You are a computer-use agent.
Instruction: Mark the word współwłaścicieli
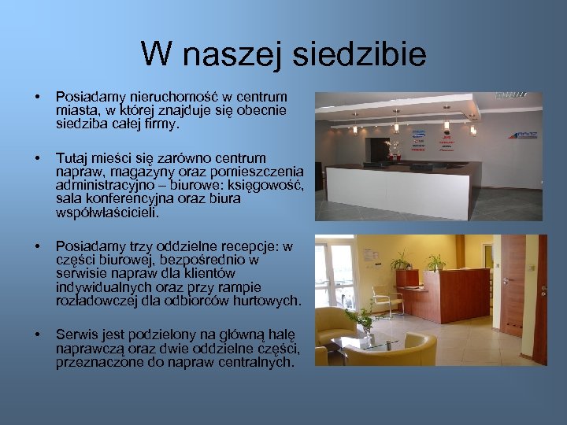[107, 212]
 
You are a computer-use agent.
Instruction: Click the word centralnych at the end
[258, 362]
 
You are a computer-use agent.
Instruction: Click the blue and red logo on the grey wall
[522, 135]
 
